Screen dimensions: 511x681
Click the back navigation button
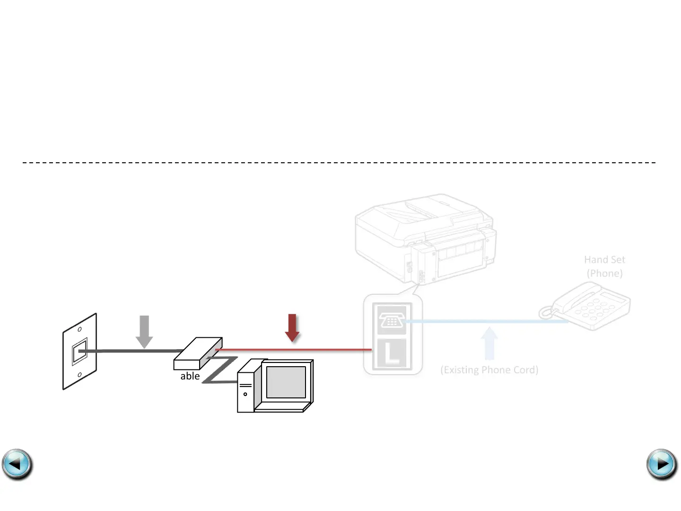17,464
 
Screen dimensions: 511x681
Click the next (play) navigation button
662,464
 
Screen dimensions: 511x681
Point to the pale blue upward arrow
489,343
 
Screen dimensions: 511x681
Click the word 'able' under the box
190,376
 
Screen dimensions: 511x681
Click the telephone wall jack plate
79,352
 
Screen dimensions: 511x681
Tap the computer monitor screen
286,382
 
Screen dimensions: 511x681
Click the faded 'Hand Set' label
604,260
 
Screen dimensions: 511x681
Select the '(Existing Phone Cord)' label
489,370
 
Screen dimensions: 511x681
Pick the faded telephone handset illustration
586,306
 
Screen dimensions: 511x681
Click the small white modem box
198,353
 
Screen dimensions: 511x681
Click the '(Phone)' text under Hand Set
604,273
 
